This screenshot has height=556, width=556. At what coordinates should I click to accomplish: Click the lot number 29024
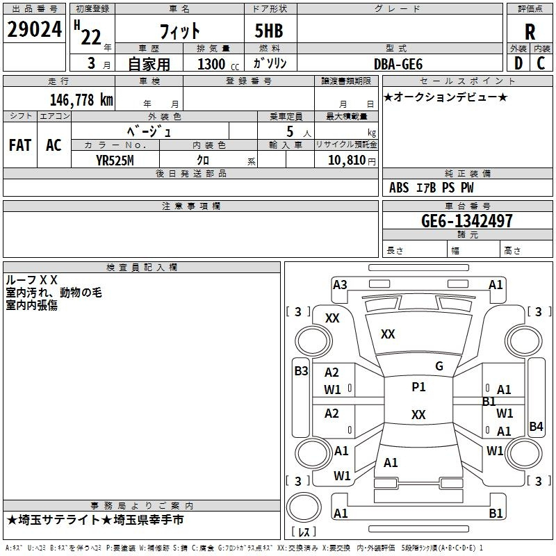pos(34,29)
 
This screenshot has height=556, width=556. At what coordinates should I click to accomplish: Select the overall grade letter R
pos(530,32)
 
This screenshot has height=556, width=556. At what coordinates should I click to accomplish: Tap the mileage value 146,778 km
pos(81,100)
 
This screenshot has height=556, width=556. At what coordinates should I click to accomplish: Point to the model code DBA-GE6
pos(398,64)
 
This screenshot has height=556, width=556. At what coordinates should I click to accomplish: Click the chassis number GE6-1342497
pos(467,221)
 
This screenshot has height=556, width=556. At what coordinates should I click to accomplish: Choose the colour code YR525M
pos(115,161)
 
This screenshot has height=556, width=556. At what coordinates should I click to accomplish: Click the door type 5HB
pos(269,31)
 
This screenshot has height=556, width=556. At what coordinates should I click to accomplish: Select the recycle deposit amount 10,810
pos(347,161)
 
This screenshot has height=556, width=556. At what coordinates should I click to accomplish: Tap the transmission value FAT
pos(20,145)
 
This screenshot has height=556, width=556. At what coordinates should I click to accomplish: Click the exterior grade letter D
pos(518,63)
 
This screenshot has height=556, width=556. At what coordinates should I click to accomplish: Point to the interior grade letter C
pos(541,63)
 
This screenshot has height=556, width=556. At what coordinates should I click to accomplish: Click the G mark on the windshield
pos(439,366)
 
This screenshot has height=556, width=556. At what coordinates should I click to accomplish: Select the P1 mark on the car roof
pos(418,387)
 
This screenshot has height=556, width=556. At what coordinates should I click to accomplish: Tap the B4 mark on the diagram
pos(536,426)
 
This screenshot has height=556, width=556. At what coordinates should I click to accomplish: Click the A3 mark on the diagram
pos(340,285)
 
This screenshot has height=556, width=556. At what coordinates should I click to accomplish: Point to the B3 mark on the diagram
pos(301,371)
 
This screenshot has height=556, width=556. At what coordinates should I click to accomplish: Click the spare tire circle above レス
pos(304,507)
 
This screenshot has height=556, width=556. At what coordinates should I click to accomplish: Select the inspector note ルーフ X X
pos(31,280)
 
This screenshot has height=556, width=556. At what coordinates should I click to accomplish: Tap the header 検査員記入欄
pos(142,268)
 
